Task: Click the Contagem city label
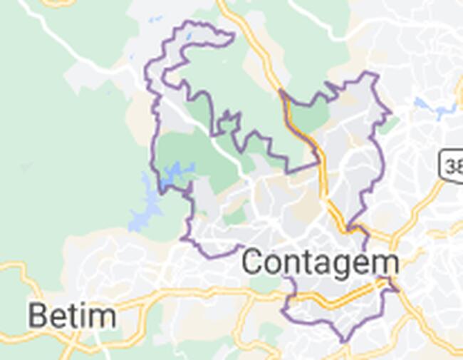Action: (320, 262)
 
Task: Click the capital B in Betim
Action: (38, 315)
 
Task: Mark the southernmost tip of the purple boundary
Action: (345, 341)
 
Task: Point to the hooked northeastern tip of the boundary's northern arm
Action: (231, 34)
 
